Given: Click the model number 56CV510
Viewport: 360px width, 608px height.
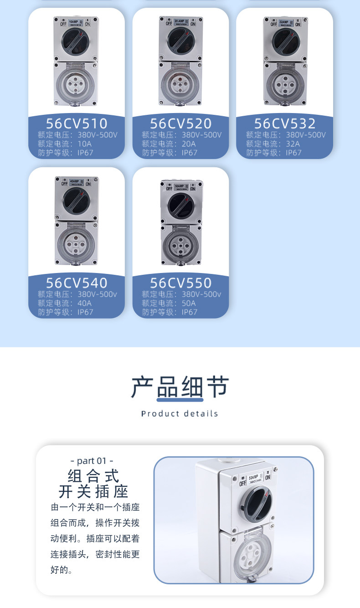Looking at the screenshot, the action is point(77,124).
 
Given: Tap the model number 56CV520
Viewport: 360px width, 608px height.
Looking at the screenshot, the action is point(180,124).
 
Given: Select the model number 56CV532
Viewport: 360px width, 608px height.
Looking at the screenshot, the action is point(284,124).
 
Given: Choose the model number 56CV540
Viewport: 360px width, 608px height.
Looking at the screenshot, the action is point(77,283).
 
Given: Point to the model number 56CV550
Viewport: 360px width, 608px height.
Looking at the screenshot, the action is point(180,283).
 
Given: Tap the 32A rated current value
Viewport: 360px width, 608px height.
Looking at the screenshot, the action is point(293,144).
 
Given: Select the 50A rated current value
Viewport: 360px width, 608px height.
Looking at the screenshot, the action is point(189,303).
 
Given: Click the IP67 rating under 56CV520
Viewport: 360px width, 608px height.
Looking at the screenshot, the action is point(190,153).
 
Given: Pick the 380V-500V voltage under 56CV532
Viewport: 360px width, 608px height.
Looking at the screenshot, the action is point(306,134).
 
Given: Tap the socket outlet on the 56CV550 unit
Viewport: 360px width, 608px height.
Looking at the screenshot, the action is point(181,245).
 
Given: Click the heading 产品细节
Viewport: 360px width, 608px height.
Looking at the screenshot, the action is point(180,387).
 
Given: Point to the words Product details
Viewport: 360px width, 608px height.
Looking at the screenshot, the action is point(180,414).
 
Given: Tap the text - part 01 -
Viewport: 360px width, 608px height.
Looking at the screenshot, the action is point(92,460).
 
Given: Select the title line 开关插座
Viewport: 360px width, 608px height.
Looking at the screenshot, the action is point(93,492).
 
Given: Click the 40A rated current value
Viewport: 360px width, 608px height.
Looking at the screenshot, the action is point(84,303).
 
